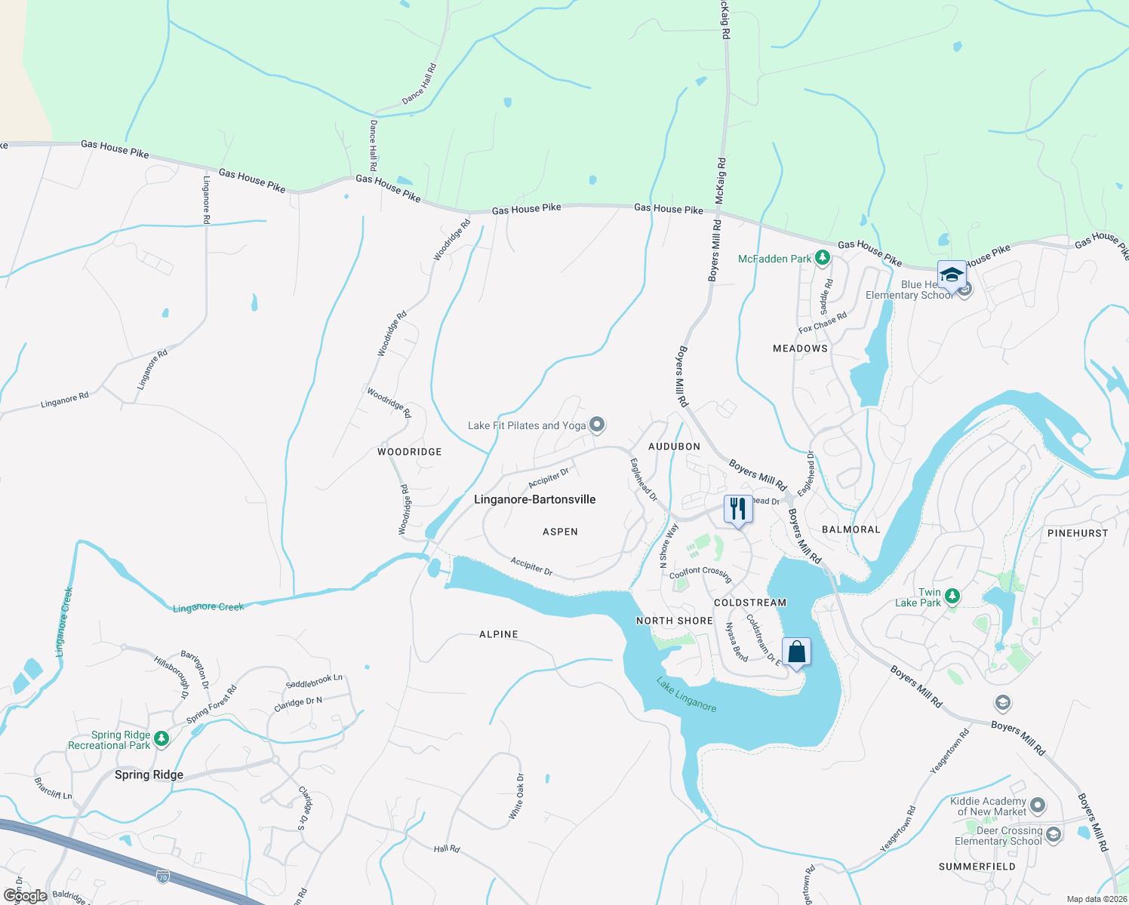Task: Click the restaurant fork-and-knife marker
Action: click(738, 509)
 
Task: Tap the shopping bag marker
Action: click(796, 652)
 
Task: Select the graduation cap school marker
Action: click(952, 275)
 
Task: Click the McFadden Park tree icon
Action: click(823, 259)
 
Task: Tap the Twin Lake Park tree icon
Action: click(952, 597)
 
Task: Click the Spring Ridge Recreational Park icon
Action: click(162, 739)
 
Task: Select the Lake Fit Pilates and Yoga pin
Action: click(597, 425)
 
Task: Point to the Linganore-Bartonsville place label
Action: click(534, 499)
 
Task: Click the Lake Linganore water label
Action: click(686, 695)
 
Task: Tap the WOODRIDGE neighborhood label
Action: click(409, 452)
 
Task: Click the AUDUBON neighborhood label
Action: click(674, 446)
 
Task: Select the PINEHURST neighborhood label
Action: click(1078, 533)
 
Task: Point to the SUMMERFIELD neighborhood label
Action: click(977, 867)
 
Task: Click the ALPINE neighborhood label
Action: click(499, 634)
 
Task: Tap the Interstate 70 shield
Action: click(163, 876)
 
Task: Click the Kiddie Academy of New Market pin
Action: click(1038, 805)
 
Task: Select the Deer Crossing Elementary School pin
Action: click(1054, 835)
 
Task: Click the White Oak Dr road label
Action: click(516, 797)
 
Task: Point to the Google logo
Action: click(25, 896)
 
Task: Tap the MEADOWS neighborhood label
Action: click(800, 348)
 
